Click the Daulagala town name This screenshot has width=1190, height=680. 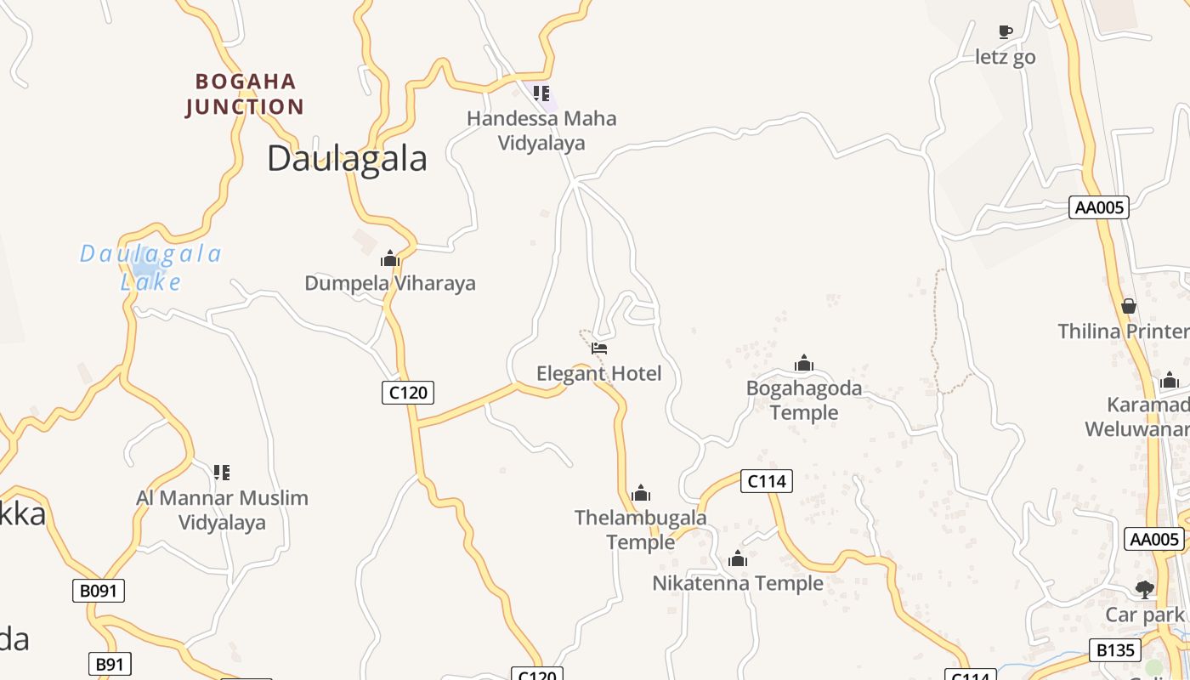347,159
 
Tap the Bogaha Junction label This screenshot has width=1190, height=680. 244,94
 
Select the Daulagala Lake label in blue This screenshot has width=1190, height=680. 151,267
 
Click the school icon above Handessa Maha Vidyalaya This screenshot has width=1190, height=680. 541,93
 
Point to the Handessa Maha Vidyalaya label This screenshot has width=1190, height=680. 541,130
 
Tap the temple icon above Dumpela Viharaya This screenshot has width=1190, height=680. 390,258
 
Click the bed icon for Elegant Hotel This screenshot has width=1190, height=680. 599,348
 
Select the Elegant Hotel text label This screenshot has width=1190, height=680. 598,373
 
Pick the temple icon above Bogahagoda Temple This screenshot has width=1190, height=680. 804,364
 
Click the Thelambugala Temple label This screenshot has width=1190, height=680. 640,530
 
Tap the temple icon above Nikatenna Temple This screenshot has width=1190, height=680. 738,558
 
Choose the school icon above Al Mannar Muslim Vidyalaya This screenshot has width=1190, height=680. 222,472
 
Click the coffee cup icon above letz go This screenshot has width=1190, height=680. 1006,32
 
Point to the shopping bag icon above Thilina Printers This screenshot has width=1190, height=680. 1129,306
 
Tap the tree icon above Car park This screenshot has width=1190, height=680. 1145,589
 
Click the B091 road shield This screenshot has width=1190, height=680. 99,591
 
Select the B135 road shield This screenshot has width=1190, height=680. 1115,650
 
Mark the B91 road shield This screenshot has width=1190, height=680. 110,664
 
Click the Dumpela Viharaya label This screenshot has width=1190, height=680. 390,283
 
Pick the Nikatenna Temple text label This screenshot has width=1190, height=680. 738,583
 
